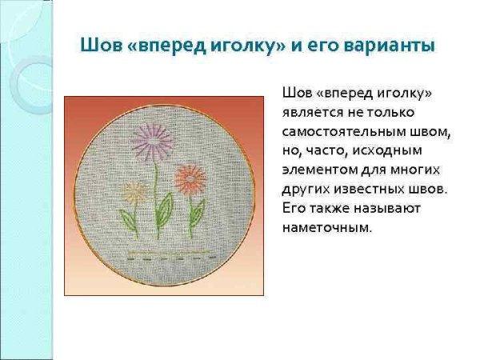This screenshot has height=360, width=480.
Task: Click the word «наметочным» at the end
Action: pyautogui.click(x=327, y=227)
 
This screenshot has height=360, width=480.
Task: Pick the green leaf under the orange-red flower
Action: pyautogui.click(x=196, y=212)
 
